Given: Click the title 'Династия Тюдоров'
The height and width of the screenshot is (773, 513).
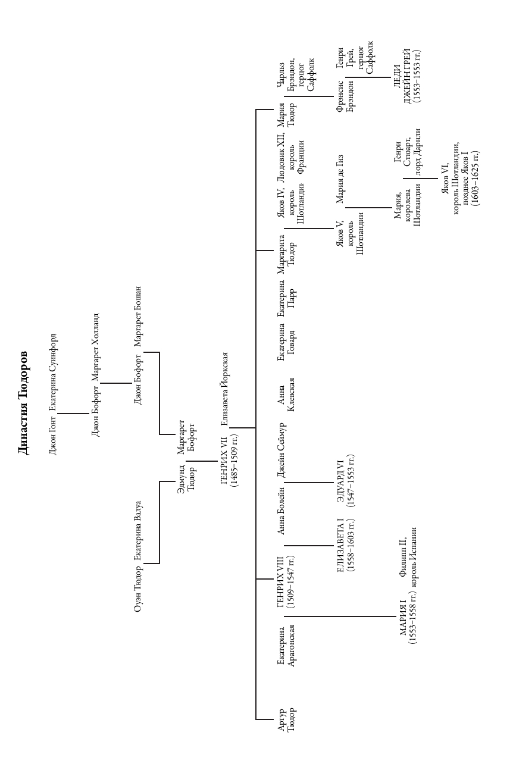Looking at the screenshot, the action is click(x=23, y=403).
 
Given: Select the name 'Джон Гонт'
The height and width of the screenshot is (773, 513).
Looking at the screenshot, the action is click(x=52, y=435).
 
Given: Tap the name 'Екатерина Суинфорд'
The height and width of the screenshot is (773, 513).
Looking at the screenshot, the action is click(x=53, y=372).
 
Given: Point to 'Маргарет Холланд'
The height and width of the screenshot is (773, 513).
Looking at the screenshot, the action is click(x=95, y=347).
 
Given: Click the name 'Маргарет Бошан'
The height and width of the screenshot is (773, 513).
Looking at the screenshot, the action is click(x=137, y=316).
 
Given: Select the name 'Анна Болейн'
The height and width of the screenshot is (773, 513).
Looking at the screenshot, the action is click(x=281, y=511).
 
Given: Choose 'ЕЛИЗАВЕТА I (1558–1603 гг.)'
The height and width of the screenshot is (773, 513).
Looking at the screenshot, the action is click(x=346, y=546).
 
